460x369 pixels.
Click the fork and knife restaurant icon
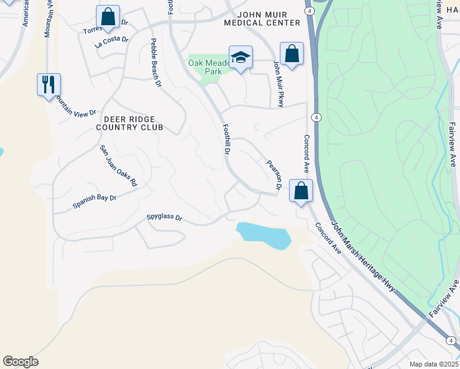pyautogui.click(x=48, y=84)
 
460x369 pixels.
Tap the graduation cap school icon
pyautogui.click(x=240, y=57)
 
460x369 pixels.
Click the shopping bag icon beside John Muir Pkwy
pyautogui.click(x=291, y=54)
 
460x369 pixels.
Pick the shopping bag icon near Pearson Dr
pyautogui.click(x=301, y=191)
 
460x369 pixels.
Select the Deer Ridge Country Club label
pyautogui.click(x=129, y=123)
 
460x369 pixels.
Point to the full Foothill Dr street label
pyautogui.click(x=226, y=138)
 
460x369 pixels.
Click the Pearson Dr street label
pyautogui.click(x=274, y=175)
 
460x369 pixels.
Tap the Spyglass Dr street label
pyautogui.click(x=164, y=217)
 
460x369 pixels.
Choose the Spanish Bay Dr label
pyautogui.click(x=94, y=201)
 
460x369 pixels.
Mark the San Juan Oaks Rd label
pyautogui.click(x=119, y=166)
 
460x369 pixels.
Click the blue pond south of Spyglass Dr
pyautogui.click(x=264, y=235)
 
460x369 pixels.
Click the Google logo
pyautogui.click(x=20, y=362)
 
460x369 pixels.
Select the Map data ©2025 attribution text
pyautogui.click(x=434, y=364)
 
